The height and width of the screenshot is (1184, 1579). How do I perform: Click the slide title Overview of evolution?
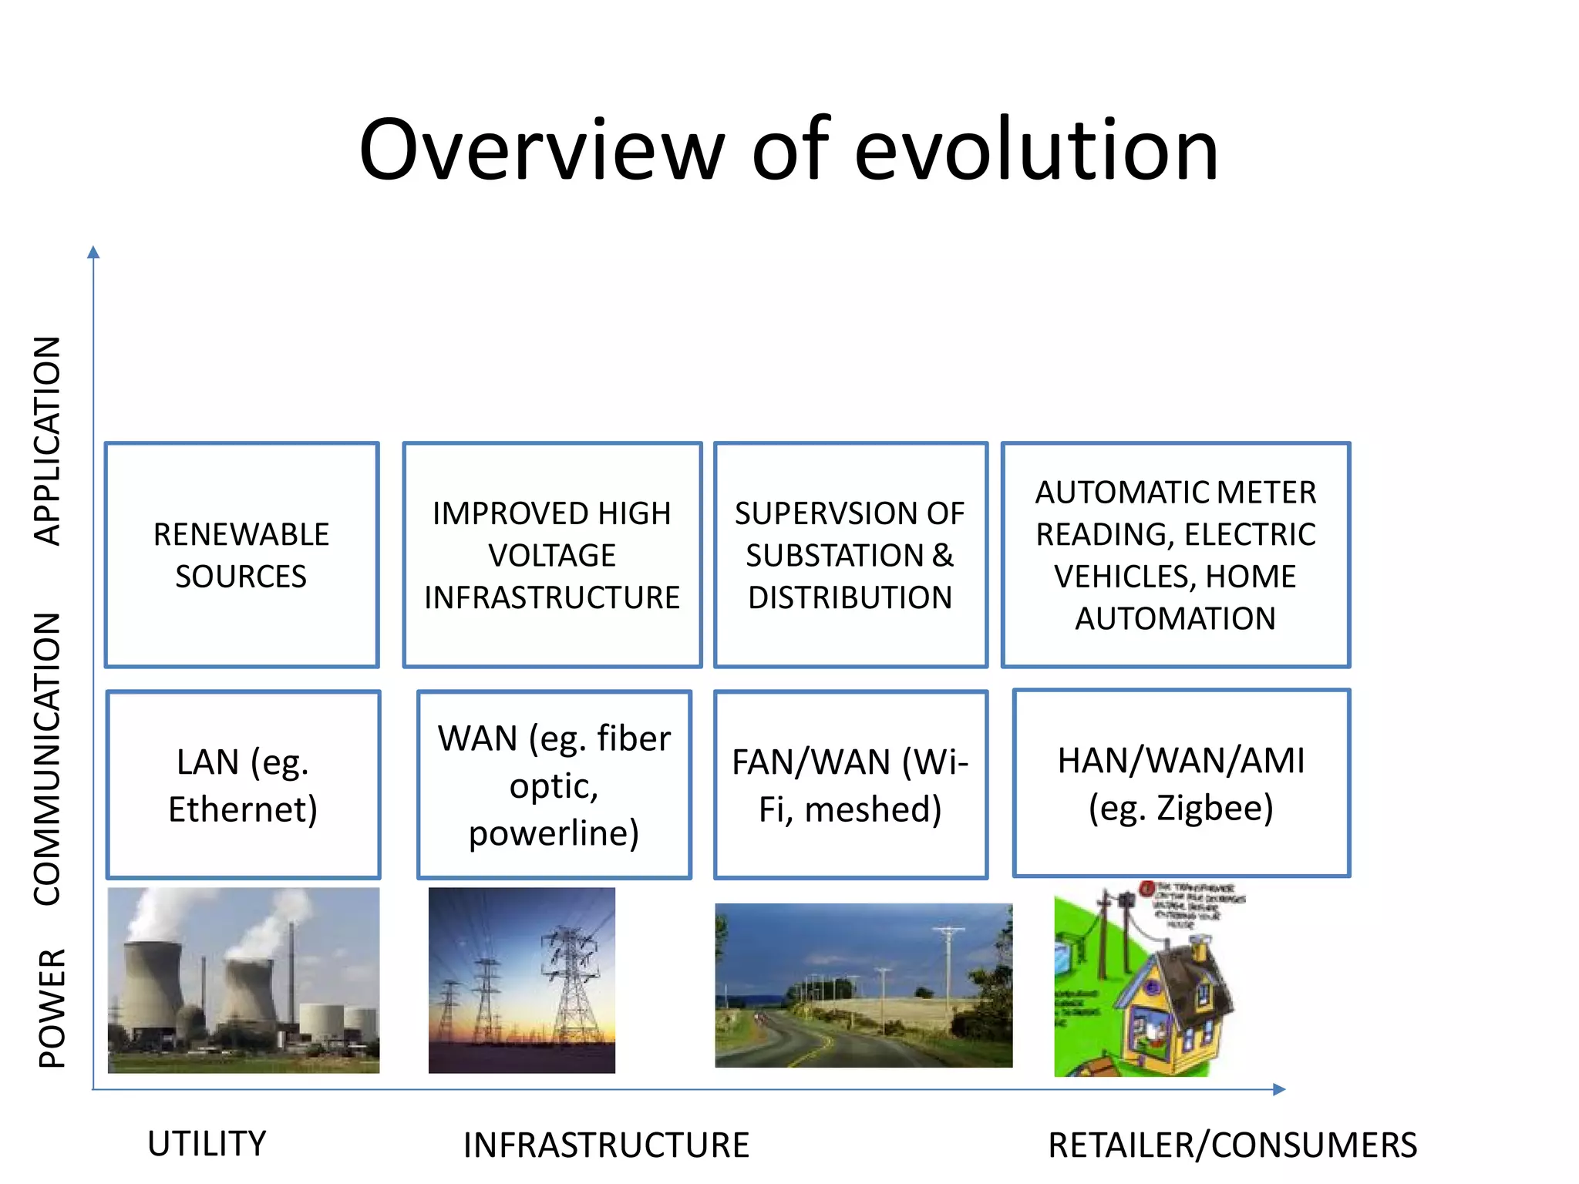pos(788,150)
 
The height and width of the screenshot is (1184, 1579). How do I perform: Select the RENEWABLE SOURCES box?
pos(241,555)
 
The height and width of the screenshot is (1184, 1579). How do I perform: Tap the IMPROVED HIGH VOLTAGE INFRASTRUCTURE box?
pos(552,555)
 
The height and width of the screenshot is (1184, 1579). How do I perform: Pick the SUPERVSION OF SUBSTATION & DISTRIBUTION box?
pos(850,555)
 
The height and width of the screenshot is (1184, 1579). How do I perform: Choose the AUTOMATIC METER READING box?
pos(1175,555)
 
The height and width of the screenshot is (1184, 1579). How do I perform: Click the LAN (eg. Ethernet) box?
pos(243,785)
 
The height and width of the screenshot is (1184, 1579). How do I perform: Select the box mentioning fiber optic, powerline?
pos(554,785)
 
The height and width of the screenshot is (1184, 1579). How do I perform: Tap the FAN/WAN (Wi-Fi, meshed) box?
pos(850,785)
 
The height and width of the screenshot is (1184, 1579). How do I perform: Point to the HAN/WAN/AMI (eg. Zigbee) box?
pos(1180,783)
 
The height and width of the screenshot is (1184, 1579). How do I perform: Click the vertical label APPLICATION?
pos(48,441)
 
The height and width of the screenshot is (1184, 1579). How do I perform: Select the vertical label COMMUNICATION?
pos(48,759)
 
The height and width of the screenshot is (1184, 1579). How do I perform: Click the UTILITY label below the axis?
pos(207,1143)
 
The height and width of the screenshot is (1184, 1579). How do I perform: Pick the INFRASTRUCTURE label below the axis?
pos(606,1145)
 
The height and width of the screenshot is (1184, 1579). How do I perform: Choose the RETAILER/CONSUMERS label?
pos(1231,1145)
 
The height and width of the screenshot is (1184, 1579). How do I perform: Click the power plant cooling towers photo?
pos(243,980)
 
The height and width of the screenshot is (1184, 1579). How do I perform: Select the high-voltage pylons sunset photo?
pos(522,980)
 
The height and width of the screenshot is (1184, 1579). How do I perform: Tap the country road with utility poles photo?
pos(864,985)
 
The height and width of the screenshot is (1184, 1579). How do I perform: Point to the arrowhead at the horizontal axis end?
pos(1279,1089)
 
